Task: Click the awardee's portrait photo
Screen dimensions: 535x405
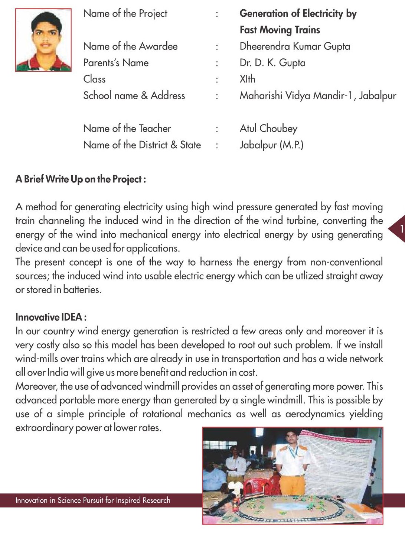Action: click(x=43, y=40)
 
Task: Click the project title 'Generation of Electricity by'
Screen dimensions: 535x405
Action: click(x=298, y=14)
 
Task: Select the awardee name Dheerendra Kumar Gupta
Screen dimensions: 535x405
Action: click(x=295, y=46)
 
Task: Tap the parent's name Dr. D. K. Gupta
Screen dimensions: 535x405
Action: click(x=272, y=63)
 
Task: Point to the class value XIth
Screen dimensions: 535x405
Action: click(x=247, y=79)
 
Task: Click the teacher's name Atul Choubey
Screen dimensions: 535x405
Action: click(x=268, y=129)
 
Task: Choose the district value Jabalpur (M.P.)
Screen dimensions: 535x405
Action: click(x=271, y=145)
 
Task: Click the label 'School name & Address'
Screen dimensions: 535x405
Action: click(x=134, y=96)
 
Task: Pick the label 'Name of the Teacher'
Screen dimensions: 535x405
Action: click(x=127, y=129)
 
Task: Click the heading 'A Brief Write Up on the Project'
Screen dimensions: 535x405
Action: click(x=81, y=179)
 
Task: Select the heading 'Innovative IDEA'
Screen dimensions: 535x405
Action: click(x=51, y=317)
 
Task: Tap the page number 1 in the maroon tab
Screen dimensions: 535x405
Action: click(x=401, y=229)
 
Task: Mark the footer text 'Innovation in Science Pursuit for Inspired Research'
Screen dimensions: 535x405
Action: click(x=93, y=500)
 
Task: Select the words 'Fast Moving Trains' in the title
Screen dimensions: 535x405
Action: click(x=280, y=30)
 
